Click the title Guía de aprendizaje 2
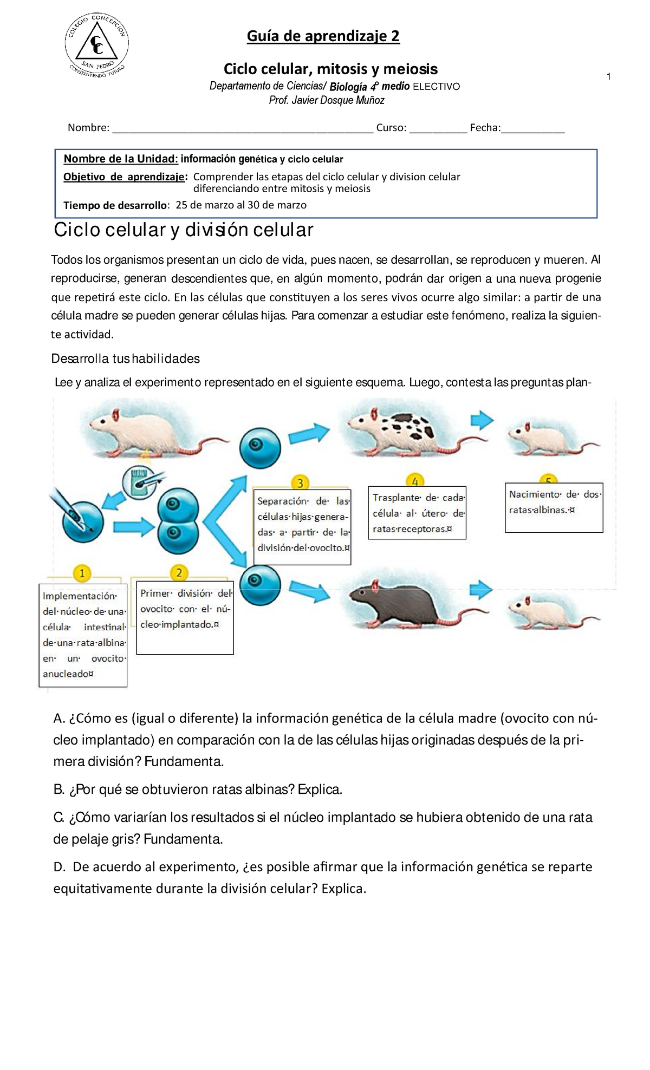click(323, 36)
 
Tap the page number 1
click(609, 77)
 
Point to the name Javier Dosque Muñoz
click(338, 101)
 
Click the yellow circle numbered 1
click(82, 573)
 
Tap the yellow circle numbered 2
click(179, 572)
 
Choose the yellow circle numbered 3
click(300, 482)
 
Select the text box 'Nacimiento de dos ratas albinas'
click(554, 507)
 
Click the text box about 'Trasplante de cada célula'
click(417, 513)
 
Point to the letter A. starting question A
click(60, 719)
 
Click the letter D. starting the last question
click(60, 867)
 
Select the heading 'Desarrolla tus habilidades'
click(125, 358)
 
